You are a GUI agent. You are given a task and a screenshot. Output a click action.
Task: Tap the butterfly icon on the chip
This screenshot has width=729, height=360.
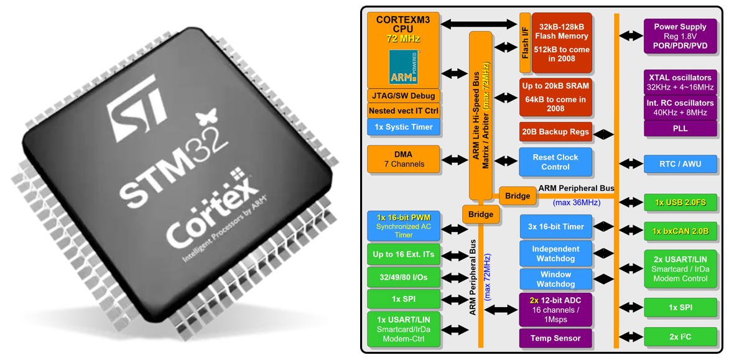[206, 118]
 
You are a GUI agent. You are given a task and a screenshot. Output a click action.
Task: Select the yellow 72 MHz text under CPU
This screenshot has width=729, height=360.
[403, 39]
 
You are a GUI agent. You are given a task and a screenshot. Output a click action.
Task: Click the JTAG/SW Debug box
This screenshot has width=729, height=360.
[404, 96]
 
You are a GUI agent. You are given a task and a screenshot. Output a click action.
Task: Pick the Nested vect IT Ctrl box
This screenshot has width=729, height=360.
[404, 111]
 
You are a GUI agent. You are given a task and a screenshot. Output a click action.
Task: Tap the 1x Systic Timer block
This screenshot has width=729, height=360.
[404, 127]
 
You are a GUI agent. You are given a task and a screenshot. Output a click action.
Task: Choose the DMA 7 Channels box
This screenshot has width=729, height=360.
[404, 159]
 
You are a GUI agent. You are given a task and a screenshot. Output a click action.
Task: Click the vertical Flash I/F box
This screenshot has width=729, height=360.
[525, 42]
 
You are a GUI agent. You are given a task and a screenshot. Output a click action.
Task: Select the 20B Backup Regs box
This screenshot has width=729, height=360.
[555, 132]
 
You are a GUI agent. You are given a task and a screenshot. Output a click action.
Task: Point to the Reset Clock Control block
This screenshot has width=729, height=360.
[555, 162]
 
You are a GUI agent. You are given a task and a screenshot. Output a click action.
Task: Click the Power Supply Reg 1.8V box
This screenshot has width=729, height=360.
[680, 36]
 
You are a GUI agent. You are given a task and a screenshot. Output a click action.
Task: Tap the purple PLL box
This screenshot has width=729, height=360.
[680, 128]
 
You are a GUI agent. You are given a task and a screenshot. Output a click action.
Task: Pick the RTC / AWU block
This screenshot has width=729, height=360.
[680, 164]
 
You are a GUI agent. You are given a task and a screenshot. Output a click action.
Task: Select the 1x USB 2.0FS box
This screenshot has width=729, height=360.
[680, 202]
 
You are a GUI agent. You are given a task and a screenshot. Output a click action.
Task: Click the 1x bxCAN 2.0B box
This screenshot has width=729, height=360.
[680, 231]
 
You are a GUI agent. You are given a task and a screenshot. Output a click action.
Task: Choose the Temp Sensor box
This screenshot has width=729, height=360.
[555, 338]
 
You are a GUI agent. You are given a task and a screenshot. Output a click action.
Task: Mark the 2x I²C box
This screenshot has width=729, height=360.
[680, 337]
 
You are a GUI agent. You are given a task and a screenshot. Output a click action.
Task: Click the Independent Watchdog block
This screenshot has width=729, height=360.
[555, 254]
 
